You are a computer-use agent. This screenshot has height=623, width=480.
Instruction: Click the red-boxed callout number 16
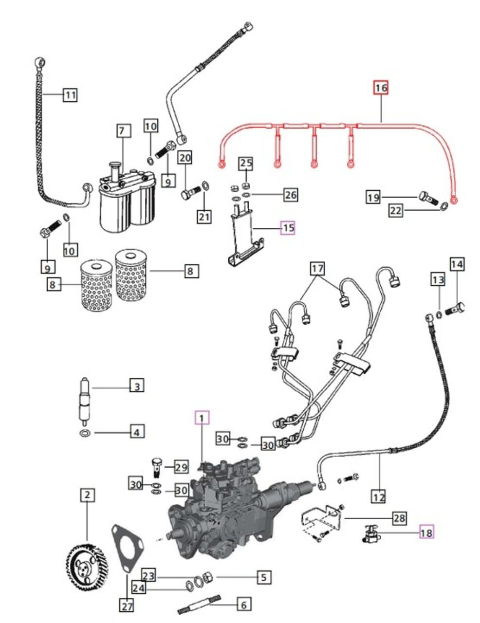(381, 88)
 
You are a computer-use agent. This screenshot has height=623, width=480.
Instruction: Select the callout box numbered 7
(123, 131)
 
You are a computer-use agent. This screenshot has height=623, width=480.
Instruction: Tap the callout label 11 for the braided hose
(70, 94)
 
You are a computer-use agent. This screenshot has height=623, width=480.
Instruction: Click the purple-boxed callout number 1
(202, 418)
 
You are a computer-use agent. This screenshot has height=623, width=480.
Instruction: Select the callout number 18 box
(426, 532)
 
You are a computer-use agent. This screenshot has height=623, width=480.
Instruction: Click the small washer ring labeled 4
(85, 433)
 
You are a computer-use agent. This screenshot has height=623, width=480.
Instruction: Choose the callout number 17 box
(317, 268)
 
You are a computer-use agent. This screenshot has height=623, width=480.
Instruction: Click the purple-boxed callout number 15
(288, 227)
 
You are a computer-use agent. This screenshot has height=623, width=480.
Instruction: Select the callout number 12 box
(379, 497)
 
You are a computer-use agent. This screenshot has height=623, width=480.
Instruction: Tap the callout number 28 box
(399, 518)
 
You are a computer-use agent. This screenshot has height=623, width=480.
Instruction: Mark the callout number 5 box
(263, 577)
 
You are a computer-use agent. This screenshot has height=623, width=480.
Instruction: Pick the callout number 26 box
(290, 195)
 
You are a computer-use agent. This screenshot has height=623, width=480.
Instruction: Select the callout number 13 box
(438, 280)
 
